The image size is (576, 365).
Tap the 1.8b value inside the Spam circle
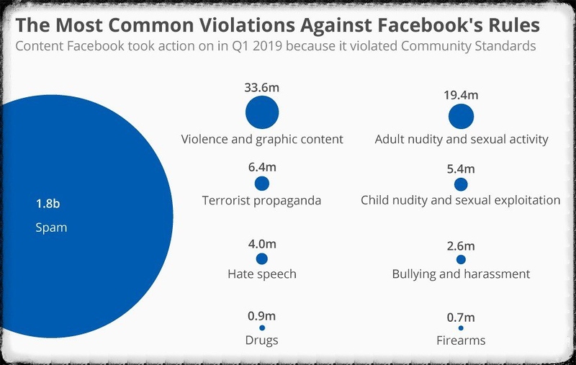pyautogui.click(x=48, y=204)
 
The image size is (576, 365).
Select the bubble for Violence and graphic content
pyautogui.click(x=261, y=113)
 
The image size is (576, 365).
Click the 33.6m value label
pyautogui.click(x=261, y=88)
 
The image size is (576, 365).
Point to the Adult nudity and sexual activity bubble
pyautogui.click(x=461, y=116)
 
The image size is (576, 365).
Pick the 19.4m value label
pyautogui.click(x=462, y=94)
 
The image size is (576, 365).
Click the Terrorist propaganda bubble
pyautogui.click(x=261, y=184)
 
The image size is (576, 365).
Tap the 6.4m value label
pyautogui.click(x=262, y=167)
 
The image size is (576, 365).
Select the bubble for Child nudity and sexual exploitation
pyautogui.click(x=461, y=185)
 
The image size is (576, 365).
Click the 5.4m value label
pyautogui.click(x=461, y=168)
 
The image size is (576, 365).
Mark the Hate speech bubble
pyautogui.click(x=261, y=258)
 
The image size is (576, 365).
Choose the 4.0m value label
pyautogui.click(x=261, y=242)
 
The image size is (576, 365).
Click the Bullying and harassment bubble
pyautogui.click(x=461, y=259)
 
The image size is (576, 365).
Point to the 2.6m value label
pyautogui.click(x=461, y=245)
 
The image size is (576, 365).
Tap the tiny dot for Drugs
pyautogui.click(x=261, y=328)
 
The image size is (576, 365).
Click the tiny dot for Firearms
pyautogui.click(x=461, y=328)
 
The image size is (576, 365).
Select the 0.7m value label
pyautogui.click(x=461, y=316)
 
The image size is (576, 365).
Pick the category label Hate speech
pyautogui.click(x=261, y=274)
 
